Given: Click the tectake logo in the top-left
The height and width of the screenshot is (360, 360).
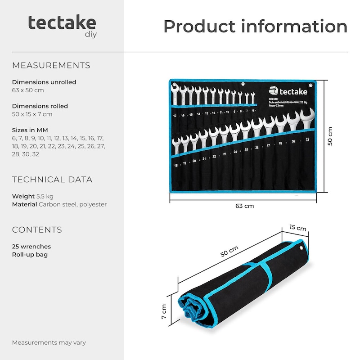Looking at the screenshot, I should tap(62, 24).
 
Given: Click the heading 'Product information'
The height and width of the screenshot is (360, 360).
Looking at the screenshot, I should tap(255, 27).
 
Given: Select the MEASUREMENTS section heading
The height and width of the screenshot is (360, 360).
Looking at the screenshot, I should tap(51, 65).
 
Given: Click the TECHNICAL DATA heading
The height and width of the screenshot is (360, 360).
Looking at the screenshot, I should tap(52, 180).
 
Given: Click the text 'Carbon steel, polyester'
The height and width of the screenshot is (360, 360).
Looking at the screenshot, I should tap(72, 204).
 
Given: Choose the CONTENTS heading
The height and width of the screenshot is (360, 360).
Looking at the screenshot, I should tap(37, 230).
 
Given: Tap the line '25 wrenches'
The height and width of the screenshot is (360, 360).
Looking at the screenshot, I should tap(31, 247).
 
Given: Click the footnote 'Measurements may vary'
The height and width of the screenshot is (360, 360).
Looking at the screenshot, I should tap(49, 342).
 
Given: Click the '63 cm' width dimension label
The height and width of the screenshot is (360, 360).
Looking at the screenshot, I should tap(245, 206).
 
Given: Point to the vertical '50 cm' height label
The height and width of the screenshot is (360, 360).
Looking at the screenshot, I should tap(330, 136).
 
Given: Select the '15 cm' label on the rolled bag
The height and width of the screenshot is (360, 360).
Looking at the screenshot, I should tap(298, 228).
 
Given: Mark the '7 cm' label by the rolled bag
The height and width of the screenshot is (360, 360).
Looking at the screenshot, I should tap(164, 310).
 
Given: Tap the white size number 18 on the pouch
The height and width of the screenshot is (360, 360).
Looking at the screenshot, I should tap(176, 166).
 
